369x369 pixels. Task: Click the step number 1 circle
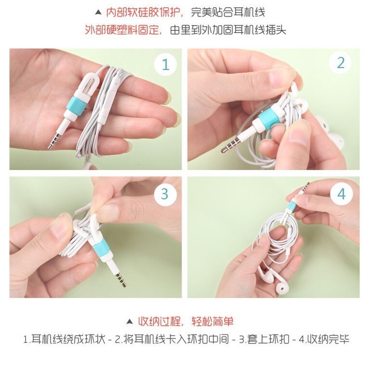tap(165, 64)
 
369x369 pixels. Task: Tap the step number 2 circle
tap(341, 63)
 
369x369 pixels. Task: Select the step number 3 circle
tap(165, 194)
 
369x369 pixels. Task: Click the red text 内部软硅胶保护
tap(144, 12)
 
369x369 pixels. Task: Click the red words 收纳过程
tap(160, 321)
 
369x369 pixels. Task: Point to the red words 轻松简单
tap(213, 321)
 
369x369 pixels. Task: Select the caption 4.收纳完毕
tap(324, 339)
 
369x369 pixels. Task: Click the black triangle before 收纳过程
tap(130, 321)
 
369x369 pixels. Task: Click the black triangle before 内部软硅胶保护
tap(98, 13)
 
